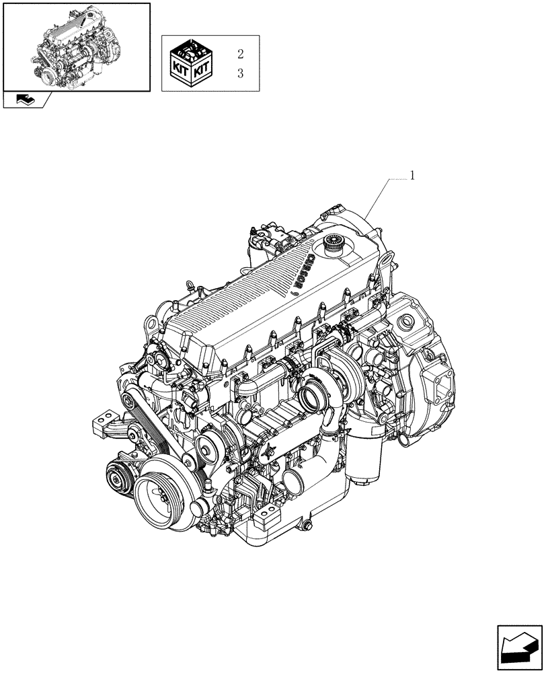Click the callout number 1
pyautogui.click(x=412, y=176)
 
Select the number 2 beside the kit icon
pyautogui.click(x=240, y=53)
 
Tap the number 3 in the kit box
pyautogui.click(x=240, y=73)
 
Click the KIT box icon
pyautogui.click(x=191, y=63)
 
